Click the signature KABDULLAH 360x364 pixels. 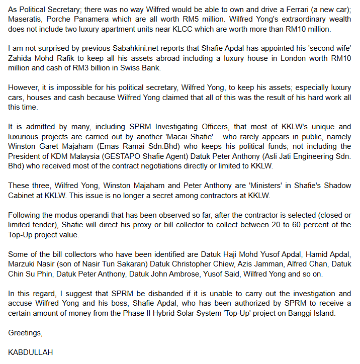(31, 352)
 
